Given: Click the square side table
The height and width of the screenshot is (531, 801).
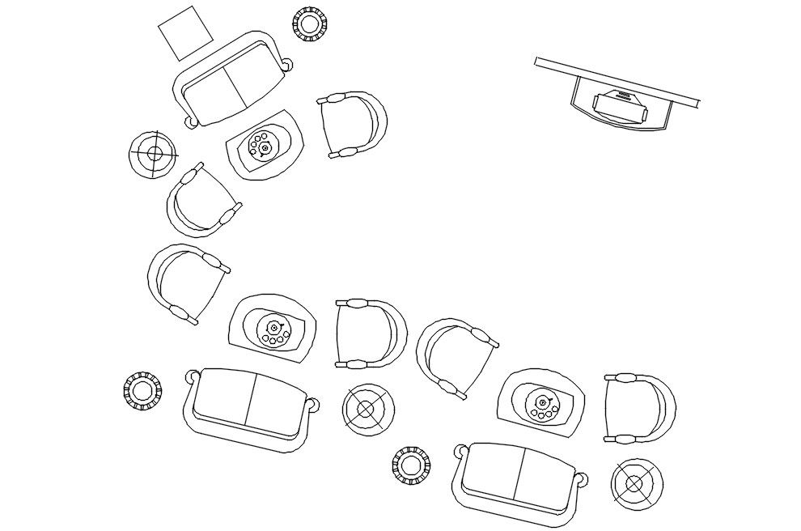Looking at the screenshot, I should pos(185,32).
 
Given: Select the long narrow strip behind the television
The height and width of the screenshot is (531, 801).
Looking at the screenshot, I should pos(617,81).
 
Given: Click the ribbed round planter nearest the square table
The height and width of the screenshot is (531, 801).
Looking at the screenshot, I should pos(308,23).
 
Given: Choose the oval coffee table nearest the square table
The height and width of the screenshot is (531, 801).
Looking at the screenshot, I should pos(265,144).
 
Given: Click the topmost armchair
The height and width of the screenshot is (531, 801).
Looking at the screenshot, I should pos(354,125).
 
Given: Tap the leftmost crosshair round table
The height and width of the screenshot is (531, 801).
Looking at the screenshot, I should pos(153,153).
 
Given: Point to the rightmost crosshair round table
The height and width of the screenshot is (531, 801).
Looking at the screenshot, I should pos(636,484).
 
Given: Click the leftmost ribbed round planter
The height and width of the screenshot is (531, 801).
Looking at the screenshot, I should pos(142,392).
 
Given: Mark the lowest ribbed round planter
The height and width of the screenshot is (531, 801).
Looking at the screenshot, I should pos(411,465).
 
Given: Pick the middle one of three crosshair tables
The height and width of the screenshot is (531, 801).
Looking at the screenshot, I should pos(367,410).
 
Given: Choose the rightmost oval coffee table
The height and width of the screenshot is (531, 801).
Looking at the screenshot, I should pos(540,401).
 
